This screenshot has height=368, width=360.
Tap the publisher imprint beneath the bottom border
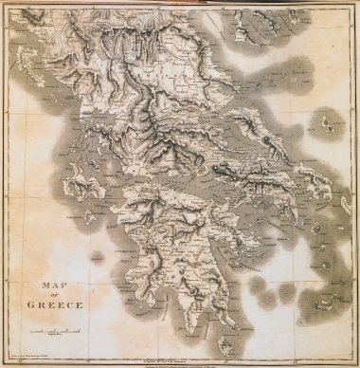click(x=180, y=361)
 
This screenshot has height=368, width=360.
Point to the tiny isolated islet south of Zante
click(x=96, y=254)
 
